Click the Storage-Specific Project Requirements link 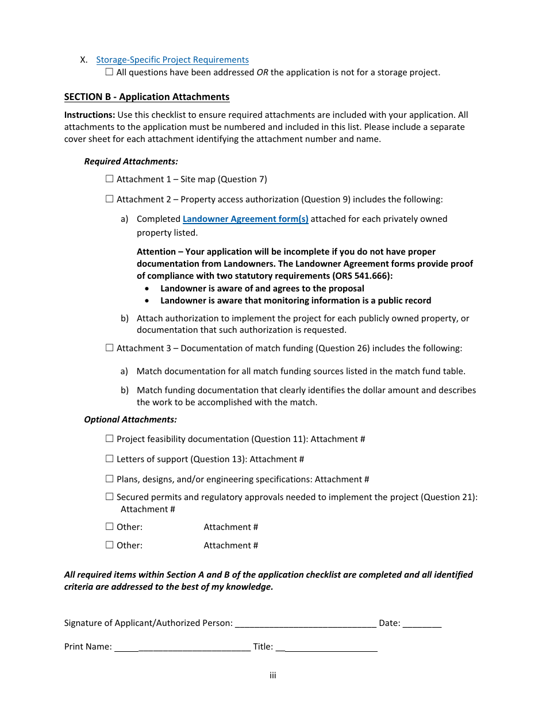(x=172, y=60)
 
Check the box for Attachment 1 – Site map (x=110, y=179)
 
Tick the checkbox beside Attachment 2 (x=110, y=199)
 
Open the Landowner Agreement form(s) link (x=245, y=219)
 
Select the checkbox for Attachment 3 (x=110, y=348)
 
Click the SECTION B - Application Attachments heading (x=147, y=97)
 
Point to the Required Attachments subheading (x=131, y=162)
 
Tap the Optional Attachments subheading (x=130, y=420)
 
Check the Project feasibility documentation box (x=110, y=439)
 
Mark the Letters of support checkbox (x=110, y=459)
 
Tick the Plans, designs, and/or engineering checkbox (x=110, y=479)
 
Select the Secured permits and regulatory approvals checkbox (x=110, y=497)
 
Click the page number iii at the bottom (x=273, y=675)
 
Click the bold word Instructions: (x=90, y=115)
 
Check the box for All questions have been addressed (x=110, y=72)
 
